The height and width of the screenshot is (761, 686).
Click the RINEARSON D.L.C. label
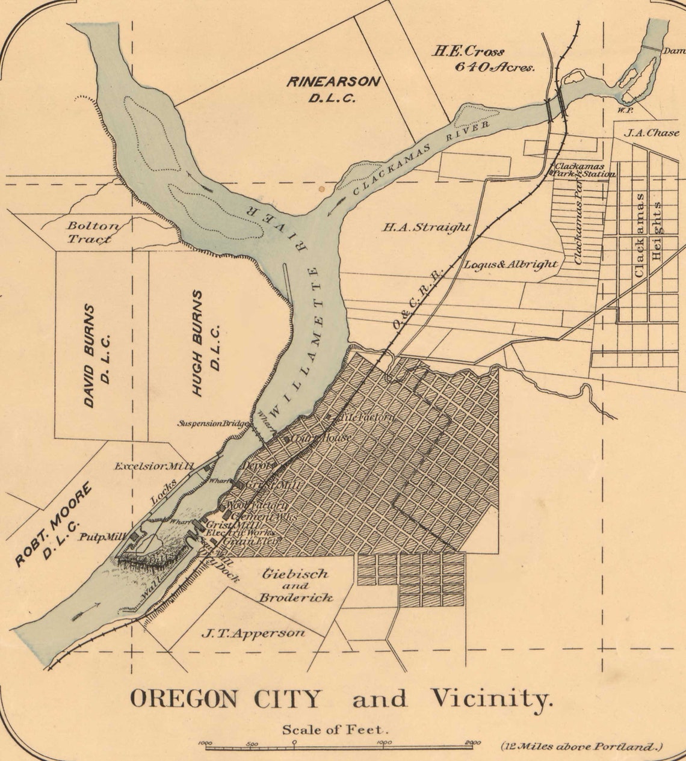point(333,89)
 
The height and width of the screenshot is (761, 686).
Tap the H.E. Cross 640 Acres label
point(482,59)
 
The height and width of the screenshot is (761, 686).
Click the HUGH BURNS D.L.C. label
point(205,344)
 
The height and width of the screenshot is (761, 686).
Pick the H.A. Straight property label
point(426,227)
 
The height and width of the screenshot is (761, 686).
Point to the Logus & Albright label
point(510,265)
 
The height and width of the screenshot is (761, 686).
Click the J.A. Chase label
point(650,133)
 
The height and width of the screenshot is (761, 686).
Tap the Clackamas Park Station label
point(584,170)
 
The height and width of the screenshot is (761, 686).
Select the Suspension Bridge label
point(212,424)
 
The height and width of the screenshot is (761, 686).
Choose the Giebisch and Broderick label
point(295,585)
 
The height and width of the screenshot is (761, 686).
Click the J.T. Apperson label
point(253,633)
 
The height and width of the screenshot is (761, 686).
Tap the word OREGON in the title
point(183,698)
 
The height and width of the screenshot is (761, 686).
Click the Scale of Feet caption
point(335,730)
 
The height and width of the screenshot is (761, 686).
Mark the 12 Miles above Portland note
point(581,747)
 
